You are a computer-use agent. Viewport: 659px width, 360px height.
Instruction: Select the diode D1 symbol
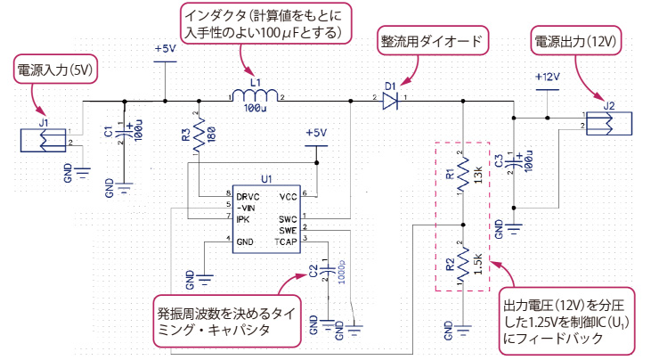click(x=389, y=101)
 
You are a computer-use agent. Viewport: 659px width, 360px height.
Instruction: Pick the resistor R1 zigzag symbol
click(x=462, y=175)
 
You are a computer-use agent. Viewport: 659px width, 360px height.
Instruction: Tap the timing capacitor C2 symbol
click(x=328, y=268)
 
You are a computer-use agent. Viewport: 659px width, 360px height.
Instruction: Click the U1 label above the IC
click(x=266, y=178)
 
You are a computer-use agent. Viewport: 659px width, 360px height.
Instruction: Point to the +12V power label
click(x=547, y=77)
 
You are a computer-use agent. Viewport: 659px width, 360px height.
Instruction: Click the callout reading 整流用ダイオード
click(x=431, y=42)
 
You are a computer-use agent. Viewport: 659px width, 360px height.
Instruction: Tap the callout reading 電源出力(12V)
click(x=575, y=42)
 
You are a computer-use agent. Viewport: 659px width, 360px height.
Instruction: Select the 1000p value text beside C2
click(x=343, y=272)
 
